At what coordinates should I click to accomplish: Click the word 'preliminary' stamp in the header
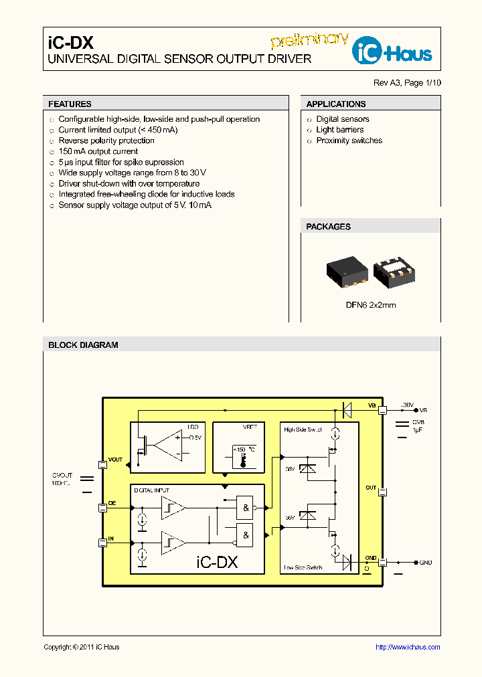[310, 39]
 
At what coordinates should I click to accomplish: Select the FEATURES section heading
[70, 104]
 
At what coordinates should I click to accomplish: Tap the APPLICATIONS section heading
[335, 104]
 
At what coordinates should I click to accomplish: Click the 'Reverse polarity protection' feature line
[106, 140]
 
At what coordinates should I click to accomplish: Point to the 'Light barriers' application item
[339, 130]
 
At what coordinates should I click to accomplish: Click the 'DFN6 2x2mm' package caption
[370, 304]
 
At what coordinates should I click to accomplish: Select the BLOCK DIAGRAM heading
[83, 345]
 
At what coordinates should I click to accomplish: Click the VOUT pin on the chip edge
[102, 464]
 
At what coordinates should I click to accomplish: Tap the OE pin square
[102, 508]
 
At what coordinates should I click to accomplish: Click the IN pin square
[102, 543]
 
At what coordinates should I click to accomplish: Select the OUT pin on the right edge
[383, 492]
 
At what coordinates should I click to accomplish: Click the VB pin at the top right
[383, 410]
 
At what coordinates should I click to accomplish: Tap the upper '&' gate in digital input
[246, 508]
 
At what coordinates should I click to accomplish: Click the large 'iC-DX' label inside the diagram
[216, 562]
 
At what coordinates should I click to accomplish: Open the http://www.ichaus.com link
[407, 647]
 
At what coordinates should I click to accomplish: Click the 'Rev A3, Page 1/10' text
[407, 83]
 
